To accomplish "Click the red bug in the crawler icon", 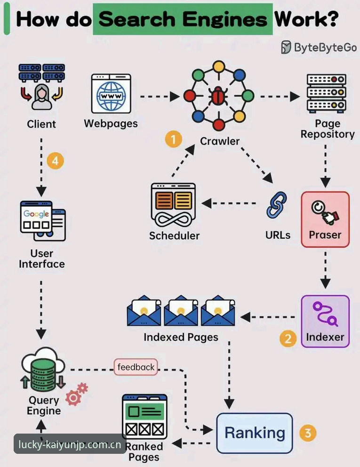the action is click(219, 96).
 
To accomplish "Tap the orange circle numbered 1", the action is click(174, 139).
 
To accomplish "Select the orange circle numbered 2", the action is click(288, 338).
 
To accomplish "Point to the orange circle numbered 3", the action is click(308, 433).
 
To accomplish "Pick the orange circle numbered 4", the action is click(56, 161).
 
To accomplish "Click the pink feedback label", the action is click(136, 367).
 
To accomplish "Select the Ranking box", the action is click(255, 433).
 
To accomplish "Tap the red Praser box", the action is click(325, 219).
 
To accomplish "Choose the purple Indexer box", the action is click(325, 322).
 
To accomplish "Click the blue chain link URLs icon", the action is click(277, 205).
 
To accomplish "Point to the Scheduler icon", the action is click(173, 205).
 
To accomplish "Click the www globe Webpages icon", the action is click(111, 94).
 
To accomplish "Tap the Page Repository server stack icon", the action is click(326, 94).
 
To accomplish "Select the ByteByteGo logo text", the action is click(319, 48).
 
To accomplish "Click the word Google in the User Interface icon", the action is click(36, 214).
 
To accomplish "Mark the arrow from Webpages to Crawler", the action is click(160, 97).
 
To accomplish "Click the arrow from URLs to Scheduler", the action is click(229, 203).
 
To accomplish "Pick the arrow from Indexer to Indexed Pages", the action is click(267, 317).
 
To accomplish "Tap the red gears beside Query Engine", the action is click(77, 394).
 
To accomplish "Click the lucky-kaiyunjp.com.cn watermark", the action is click(70, 444).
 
